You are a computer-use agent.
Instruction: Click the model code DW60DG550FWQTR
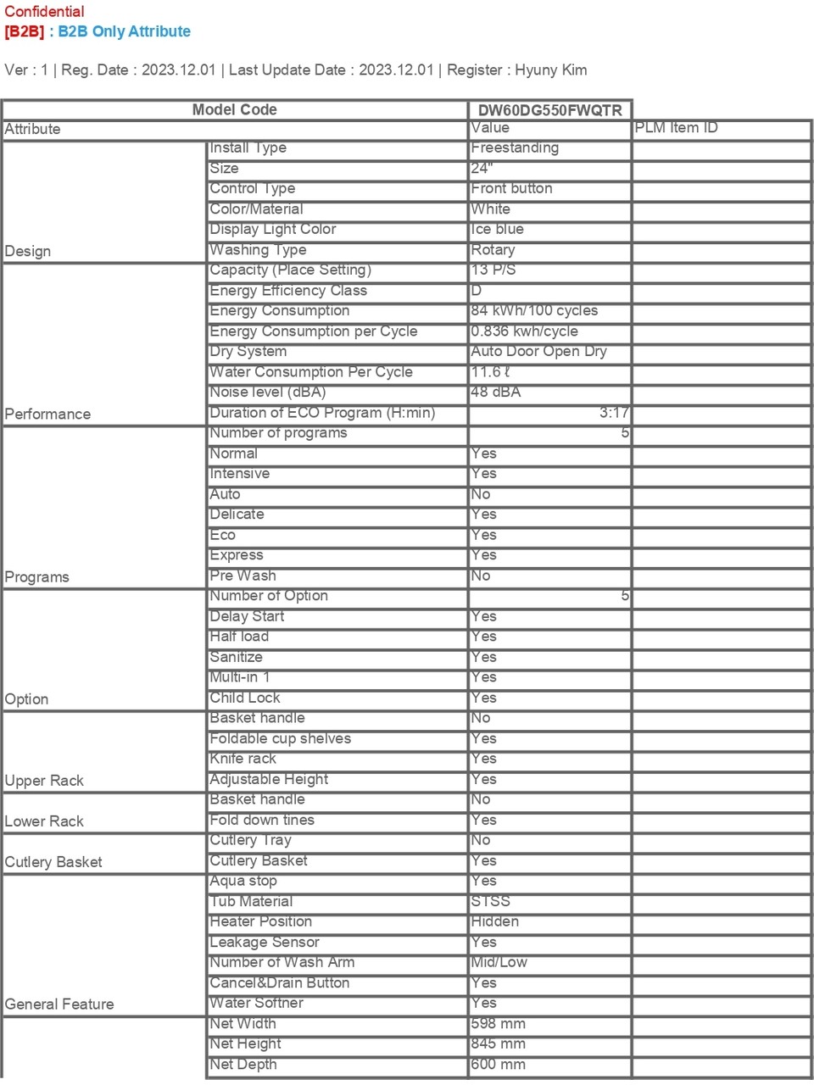(549, 110)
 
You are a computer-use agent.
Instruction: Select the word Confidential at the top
(44, 12)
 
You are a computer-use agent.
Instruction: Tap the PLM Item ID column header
(676, 128)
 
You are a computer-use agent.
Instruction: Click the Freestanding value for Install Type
(515, 147)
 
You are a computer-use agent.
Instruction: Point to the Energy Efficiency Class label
(288, 291)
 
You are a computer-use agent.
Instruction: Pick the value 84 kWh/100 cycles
(534, 310)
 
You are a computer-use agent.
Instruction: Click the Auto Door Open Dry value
(538, 351)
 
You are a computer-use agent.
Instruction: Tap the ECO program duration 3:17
(613, 413)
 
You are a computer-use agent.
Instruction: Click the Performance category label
(47, 414)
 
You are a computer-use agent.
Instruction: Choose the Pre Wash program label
(243, 576)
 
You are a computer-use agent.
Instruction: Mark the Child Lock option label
(245, 698)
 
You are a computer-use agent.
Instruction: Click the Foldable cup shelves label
(280, 738)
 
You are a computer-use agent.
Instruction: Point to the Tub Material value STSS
(491, 901)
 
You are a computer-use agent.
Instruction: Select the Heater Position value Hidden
(495, 921)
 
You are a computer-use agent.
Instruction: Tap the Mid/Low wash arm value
(499, 962)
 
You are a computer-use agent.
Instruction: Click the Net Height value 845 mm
(499, 1043)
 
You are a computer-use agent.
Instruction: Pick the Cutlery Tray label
(251, 840)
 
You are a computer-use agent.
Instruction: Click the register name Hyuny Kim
(550, 70)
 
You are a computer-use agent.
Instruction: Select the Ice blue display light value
(498, 229)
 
